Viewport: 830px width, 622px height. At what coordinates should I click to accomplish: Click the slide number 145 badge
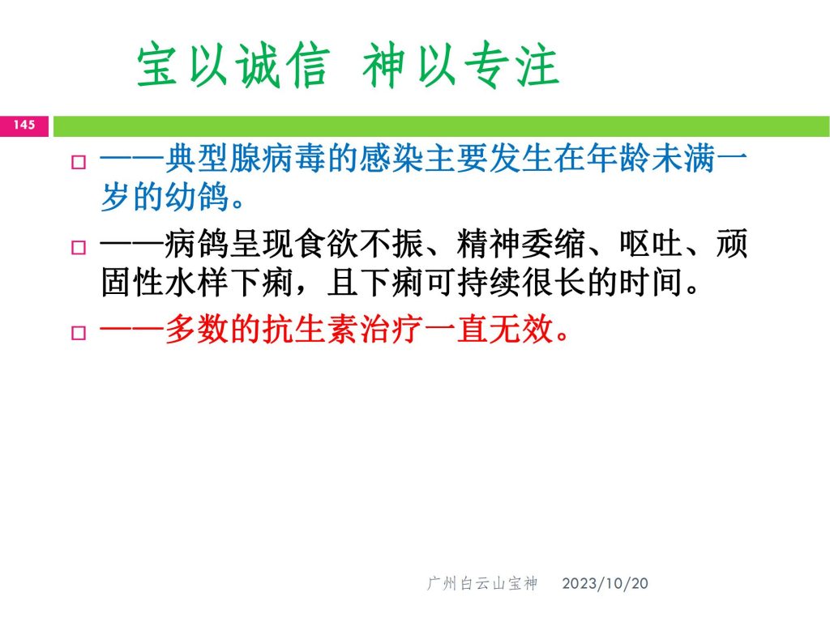click(24, 126)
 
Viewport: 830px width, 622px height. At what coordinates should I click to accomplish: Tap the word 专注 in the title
click(512, 66)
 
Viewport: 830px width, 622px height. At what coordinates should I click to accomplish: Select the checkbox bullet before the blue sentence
click(79, 161)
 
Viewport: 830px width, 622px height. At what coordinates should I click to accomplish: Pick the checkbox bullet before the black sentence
click(79, 247)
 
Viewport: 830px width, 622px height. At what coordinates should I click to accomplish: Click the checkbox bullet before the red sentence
click(79, 333)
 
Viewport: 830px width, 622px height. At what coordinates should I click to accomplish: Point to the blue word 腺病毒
click(278, 159)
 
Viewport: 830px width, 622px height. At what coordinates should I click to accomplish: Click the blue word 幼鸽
click(198, 196)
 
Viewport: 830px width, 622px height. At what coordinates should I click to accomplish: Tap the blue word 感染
click(391, 159)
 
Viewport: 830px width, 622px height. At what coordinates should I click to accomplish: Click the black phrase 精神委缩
click(521, 244)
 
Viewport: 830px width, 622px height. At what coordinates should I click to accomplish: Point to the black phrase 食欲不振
click(359, 244)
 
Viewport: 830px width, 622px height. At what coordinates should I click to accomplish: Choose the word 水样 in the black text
click(198, 282)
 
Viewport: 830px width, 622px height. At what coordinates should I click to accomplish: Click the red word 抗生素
click(310, 330)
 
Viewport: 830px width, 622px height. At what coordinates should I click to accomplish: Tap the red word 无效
click(521, 330)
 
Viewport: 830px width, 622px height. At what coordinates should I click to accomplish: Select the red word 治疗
click(391, 330)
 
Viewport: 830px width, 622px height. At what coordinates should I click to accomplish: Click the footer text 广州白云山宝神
click(482, 583)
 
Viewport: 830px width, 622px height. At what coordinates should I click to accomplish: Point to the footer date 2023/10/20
click(605, 583)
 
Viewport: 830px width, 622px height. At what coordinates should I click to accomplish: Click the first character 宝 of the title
click(157, 66)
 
